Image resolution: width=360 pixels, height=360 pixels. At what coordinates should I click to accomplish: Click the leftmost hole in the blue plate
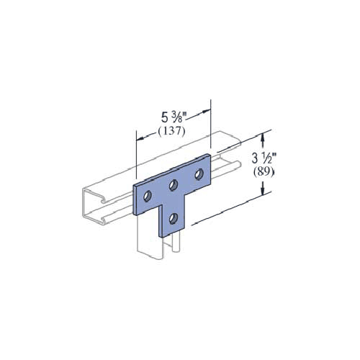point(148,196)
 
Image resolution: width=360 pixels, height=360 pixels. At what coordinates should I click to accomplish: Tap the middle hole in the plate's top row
point(174,186)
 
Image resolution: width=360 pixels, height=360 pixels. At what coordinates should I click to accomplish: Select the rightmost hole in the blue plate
point(197,175)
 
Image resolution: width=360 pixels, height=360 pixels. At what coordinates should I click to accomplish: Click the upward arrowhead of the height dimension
point(265,134)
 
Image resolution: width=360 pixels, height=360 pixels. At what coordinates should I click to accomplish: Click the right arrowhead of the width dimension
point(209,110)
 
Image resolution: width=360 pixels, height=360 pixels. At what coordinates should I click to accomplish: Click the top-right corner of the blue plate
point(210,156)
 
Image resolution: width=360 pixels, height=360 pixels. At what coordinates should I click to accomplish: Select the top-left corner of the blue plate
point(135,185)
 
